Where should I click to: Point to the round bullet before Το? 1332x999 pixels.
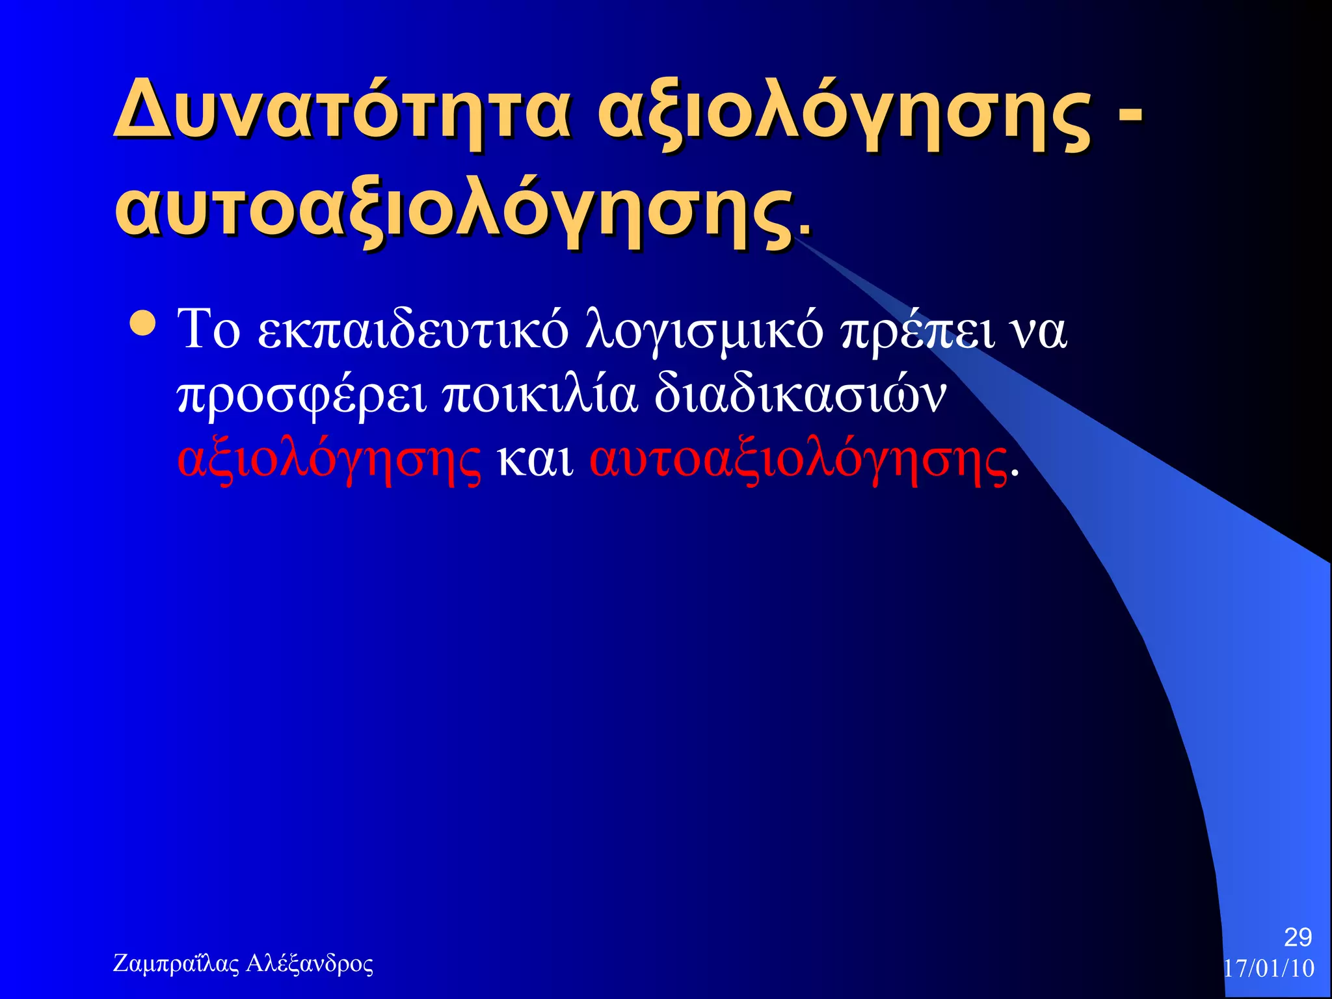[x=142, y=324]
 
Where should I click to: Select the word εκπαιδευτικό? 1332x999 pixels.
[x=413, y=332]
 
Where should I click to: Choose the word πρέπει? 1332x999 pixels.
[x=918, y=332]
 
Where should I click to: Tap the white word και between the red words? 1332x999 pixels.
[x=535, y=460]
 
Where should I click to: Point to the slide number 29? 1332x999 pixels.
[x=1298, y=937]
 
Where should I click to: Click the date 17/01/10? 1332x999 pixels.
[x=1269, y=968]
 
